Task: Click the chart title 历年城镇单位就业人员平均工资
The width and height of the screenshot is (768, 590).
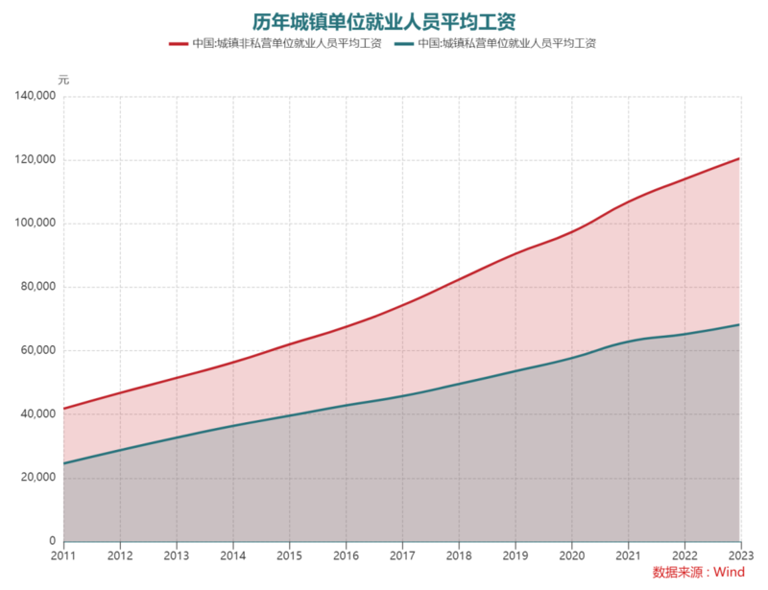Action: point(384,20)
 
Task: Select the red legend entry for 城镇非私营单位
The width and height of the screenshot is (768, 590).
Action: point(275,43)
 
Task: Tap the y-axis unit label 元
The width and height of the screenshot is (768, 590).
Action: point(63,78)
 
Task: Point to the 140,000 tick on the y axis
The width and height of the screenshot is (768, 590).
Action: point(34,97)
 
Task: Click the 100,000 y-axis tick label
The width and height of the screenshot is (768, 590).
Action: point(34,224)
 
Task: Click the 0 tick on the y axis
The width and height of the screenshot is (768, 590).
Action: point(53,542)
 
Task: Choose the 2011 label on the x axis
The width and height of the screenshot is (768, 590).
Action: point(63,555)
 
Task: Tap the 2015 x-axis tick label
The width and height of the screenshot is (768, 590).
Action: point(289,555)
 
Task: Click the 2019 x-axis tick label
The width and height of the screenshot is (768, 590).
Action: point(515,555)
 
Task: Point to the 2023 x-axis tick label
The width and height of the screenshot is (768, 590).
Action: point(740,555)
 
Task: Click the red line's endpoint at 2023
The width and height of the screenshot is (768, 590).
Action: point(739,158)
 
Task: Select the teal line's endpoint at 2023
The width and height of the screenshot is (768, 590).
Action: point(739,324)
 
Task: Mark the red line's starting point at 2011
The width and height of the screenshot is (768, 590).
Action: point(64,409)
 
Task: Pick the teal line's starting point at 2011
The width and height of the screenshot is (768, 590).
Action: point(64,463)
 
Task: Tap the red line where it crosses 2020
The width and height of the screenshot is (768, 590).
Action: point(571,231)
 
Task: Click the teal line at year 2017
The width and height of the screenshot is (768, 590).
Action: point(402,395)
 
